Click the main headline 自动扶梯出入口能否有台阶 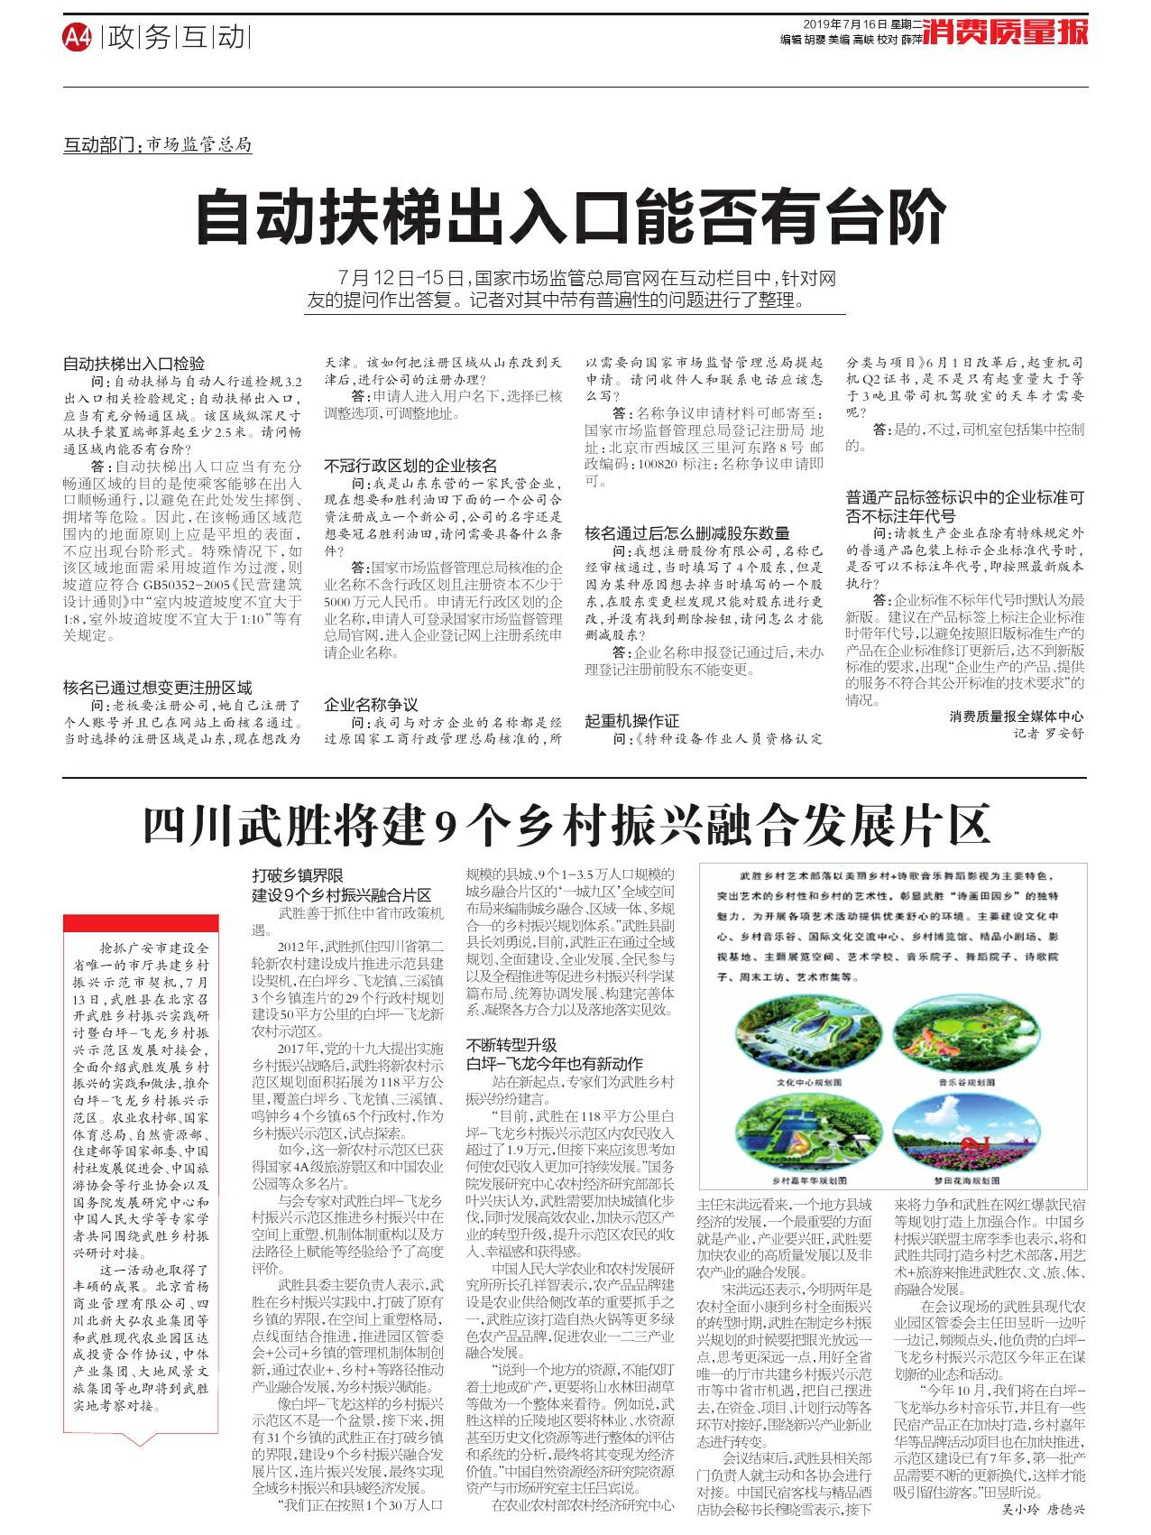(570, 217)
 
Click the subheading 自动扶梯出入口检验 (134, 365)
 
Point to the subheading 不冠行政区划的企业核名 (410, 466)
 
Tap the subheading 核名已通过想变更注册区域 (157, 688)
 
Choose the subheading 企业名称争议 (371, 704)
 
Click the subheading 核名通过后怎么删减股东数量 (686, 533)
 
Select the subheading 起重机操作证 (631, 721)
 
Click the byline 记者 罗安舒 (1048, 734)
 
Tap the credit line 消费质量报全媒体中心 (1017, 717)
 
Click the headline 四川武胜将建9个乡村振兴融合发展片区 (566, 824)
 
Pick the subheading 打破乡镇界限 (298, 875)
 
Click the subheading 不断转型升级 (511, 1045)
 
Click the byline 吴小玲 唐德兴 (1042, 1508)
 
